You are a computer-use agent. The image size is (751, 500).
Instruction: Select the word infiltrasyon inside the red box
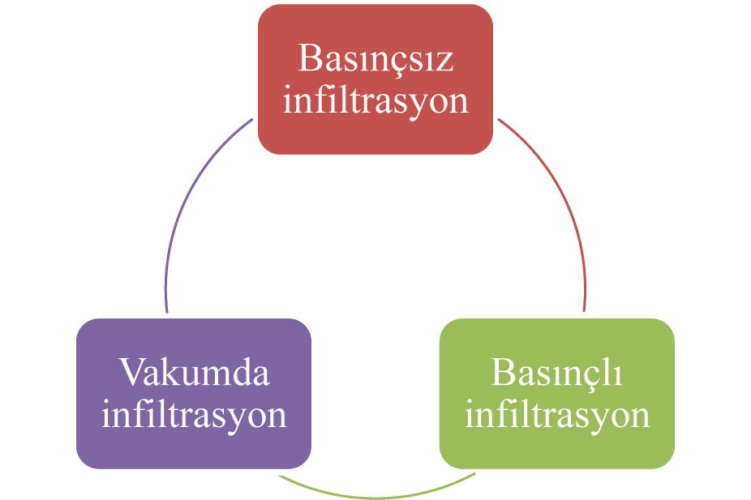375,102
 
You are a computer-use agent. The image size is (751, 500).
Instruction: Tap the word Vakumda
194,374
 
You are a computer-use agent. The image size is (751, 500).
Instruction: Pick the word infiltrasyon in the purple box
194,415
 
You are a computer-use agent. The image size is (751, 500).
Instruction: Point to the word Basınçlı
556,374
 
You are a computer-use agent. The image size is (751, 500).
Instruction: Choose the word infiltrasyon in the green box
556,415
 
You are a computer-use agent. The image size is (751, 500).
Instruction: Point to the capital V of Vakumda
132,374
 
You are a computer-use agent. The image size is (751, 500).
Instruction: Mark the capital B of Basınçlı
503,374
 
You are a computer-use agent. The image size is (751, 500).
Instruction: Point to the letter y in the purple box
234,419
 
